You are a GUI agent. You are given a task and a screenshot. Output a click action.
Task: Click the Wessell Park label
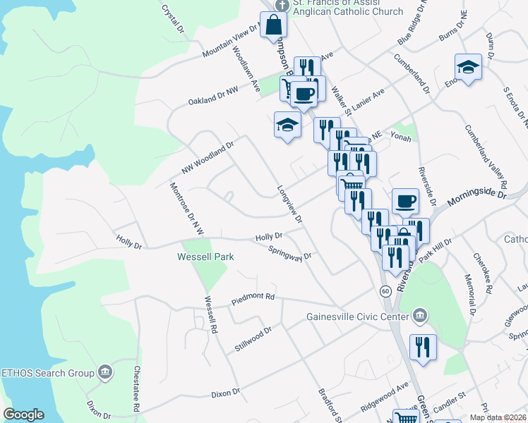(x=205, y=257)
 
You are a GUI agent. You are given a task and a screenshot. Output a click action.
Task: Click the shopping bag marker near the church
(x=274, y=25)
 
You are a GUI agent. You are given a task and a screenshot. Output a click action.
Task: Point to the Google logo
(x=23, y=415)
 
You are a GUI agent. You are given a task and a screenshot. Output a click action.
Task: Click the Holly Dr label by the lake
(x=128, y=244)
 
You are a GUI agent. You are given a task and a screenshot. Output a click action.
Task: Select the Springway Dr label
(x=289, y=252)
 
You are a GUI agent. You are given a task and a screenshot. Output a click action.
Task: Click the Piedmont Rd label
(x=253, y=301)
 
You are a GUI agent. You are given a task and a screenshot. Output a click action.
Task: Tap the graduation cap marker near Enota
(x=468, y=68)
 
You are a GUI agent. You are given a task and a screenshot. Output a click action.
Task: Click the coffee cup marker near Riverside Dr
(x=405, y=202)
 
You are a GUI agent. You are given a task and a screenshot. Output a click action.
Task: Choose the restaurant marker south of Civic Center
(x=423, y=348)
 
